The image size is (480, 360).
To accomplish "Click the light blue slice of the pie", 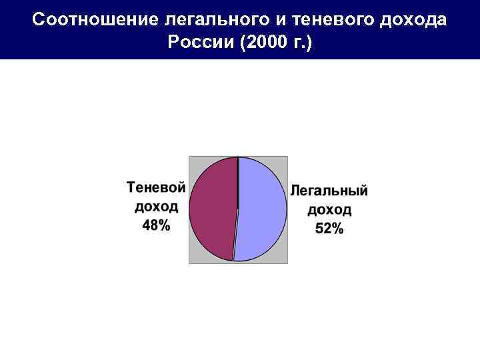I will click(262, 208).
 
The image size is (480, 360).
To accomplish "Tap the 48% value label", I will click(156, 226).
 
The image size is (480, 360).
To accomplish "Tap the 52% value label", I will click(329, 229).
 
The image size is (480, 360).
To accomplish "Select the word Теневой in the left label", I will click(156, 187).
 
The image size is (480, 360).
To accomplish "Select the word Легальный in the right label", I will click(329, 191).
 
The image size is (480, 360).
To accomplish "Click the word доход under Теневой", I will click(156, 207).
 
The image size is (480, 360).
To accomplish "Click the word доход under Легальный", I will click(329, 210).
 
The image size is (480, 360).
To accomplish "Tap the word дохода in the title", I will click(413, 19).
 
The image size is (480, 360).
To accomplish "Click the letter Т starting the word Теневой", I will click(131, 187).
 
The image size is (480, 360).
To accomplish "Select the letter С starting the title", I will click(38, 19).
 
